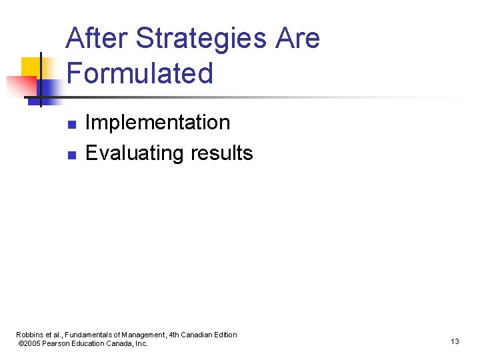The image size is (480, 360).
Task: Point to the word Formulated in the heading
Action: (x=140, y=73)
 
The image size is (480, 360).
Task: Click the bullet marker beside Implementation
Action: (x=72, y=124)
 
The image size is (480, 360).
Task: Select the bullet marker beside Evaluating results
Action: (x=72, y=155)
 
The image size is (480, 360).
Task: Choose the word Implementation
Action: (x=158, y=123)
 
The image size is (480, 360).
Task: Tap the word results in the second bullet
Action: (x=221, y=153)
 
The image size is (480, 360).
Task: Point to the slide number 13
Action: (x=455, y=341)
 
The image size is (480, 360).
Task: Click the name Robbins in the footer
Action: (x=29, y=335)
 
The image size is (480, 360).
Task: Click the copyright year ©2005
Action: (x=30, y=343)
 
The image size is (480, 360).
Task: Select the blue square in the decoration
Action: (x=49, y=90)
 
